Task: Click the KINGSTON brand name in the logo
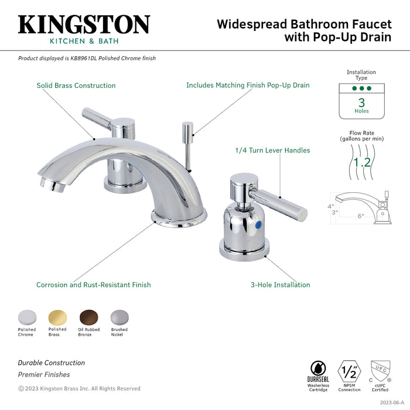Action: [84, 25]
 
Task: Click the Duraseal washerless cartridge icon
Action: [319, 370]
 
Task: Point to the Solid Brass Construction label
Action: [76, 86]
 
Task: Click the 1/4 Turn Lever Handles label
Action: [272, 151]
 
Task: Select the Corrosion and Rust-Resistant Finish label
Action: [93, 285]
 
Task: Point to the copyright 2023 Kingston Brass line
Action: [79, 388]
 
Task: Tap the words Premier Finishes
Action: [44, 375]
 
